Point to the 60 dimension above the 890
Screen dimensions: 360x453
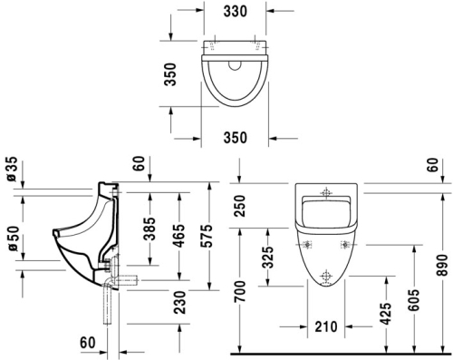click(x=440, y=164)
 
